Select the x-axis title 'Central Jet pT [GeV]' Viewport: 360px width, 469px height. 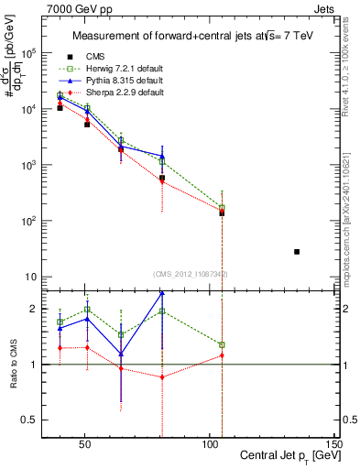pyautogui.click(x=286, y=455)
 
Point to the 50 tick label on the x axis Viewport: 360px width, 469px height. pyautogui.click(x=85, y=442)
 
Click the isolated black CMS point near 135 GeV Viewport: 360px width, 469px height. pyautogui.click(x=297, y=251)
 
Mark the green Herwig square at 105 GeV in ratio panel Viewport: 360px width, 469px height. pyautogui.click(x=222, y=345)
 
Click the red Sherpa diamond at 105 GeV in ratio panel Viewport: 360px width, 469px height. pyautogui.click(x=222, y=355)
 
